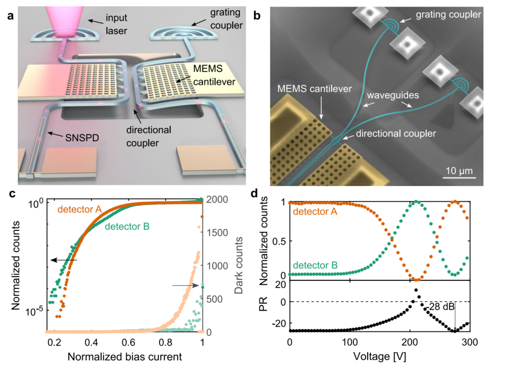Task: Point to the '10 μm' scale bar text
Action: tap(459, 169)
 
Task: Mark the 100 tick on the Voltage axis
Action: tap(349, 341)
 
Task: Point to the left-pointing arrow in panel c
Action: tap(64, 260)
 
